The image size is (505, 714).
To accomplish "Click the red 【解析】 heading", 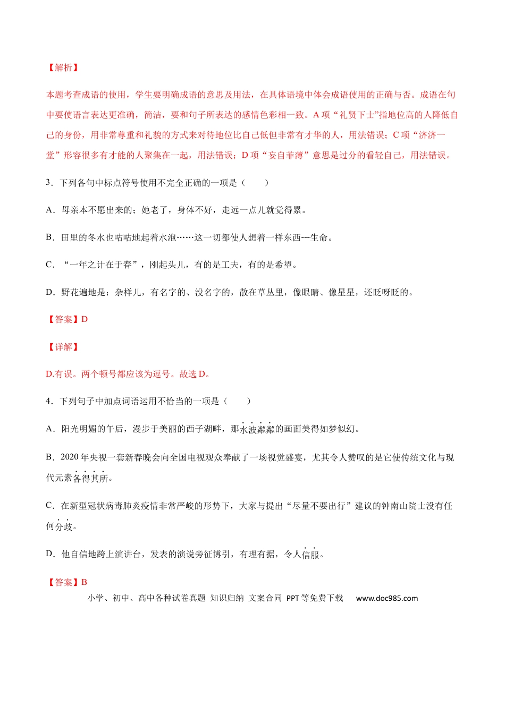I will [63, 67].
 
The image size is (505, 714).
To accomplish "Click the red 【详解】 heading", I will [63, 347].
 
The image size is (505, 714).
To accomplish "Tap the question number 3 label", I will [48, 183].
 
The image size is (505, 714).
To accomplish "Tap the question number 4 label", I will [48, 401].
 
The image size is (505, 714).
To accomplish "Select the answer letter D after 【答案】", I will [84, 319].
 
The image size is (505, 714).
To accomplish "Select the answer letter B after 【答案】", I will [84, 582].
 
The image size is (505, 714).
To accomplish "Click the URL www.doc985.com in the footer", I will [386, 598].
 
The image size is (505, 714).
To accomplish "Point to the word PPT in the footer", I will [292, 598].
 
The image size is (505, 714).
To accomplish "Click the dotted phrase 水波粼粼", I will [257, 429].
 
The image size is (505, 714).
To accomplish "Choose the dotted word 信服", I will [310, 555].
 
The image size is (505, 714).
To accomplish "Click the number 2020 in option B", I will [70, 457].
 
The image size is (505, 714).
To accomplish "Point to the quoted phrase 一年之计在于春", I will [100, 265].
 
